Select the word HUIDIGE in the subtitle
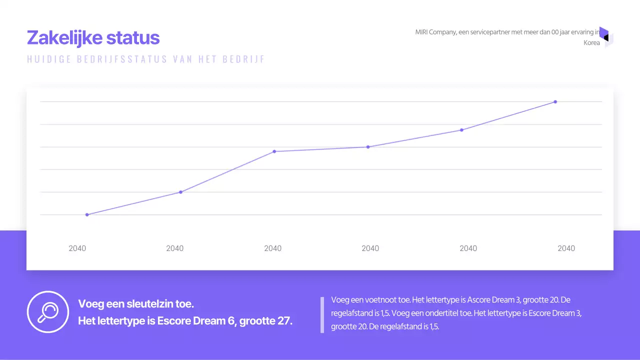pos(49,59)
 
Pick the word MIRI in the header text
pos(421,32)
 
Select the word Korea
pos(591,43)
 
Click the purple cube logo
pos(605,37)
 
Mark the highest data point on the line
pos(555,102)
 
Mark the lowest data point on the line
pos(87,214)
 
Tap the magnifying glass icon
pos(47,312)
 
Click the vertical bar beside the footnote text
pos(322,314)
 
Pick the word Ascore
pos(479,300)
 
